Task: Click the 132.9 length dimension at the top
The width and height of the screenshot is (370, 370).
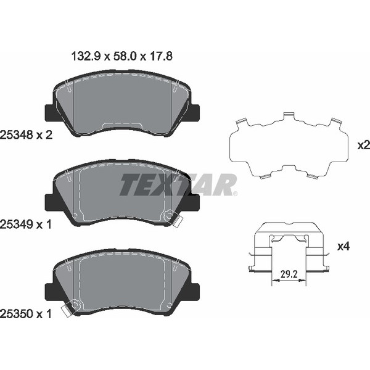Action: tap(86, 57)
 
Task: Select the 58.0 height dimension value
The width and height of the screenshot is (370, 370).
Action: tap(125, 57)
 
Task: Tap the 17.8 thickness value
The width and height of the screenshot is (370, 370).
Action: tap(161, 57)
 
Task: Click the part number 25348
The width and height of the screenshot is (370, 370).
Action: tap(16, 135)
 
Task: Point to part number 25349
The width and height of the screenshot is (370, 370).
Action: tap(16, 224)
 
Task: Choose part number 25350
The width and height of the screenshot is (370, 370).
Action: tap(16, 314)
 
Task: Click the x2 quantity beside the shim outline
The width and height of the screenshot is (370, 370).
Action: tap(364, 146)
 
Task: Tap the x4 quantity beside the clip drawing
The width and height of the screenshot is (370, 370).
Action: tap(343, 247)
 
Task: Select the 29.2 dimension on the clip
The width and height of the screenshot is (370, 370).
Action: tap(289, 274)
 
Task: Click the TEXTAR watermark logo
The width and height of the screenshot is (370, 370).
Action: tap(178, 185)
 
